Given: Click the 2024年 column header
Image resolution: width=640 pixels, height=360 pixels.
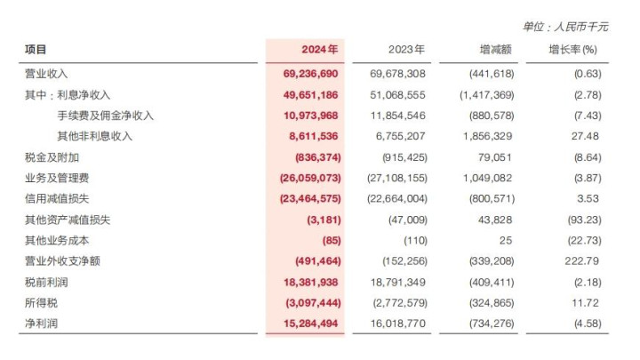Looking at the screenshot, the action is [x=320, y=50].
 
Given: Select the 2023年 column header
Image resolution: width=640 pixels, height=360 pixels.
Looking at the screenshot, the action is [x=406, y=50].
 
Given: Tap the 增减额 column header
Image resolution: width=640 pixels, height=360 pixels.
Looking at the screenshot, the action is [x=495, y=50].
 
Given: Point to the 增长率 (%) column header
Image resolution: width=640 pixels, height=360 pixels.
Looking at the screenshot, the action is [x=572, y=50].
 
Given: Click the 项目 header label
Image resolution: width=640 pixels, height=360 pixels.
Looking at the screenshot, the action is [x=36, y=50].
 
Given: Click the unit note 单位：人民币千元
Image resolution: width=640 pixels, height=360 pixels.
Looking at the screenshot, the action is [x=565, y=27].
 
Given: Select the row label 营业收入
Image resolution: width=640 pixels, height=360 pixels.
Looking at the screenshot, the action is [x=46, y=74].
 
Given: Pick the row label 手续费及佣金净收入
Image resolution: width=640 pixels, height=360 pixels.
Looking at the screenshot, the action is [x=105, y=116].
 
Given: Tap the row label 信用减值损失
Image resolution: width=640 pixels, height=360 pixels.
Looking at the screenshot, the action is [x=57, y=199].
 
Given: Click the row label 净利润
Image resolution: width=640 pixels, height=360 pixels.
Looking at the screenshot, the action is [x=41, y=324].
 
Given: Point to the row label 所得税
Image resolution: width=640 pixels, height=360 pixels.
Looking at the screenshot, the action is [x=41, y=303].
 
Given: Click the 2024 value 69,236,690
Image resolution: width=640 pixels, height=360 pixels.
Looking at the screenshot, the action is [x=310, y=74].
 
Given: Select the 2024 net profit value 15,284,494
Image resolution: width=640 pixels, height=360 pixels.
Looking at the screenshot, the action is [x=310, y=324].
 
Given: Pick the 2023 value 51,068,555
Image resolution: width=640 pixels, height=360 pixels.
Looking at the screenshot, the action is [x=397, y=95].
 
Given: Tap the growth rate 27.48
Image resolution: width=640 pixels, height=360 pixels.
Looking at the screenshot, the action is [x=585, y=136].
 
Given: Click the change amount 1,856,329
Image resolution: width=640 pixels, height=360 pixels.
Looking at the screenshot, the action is [x=487, y=136].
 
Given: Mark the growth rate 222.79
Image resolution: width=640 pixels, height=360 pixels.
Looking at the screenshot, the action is [x=581, y=260].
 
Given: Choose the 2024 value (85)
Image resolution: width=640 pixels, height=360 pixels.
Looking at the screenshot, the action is [x=332, y=240].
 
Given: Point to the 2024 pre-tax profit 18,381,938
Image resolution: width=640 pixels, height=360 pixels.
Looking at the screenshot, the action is [x=310, y=282].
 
